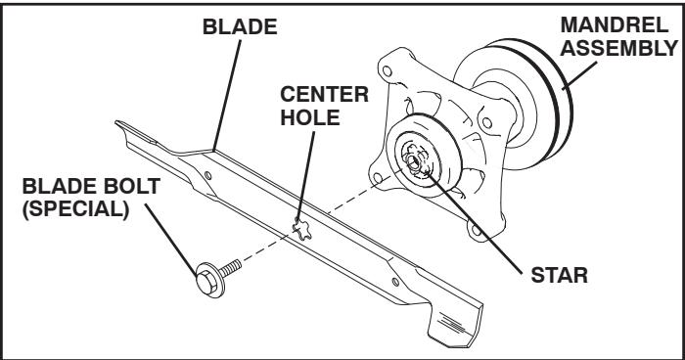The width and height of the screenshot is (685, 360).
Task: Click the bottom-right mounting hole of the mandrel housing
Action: (x=475, y=233)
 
